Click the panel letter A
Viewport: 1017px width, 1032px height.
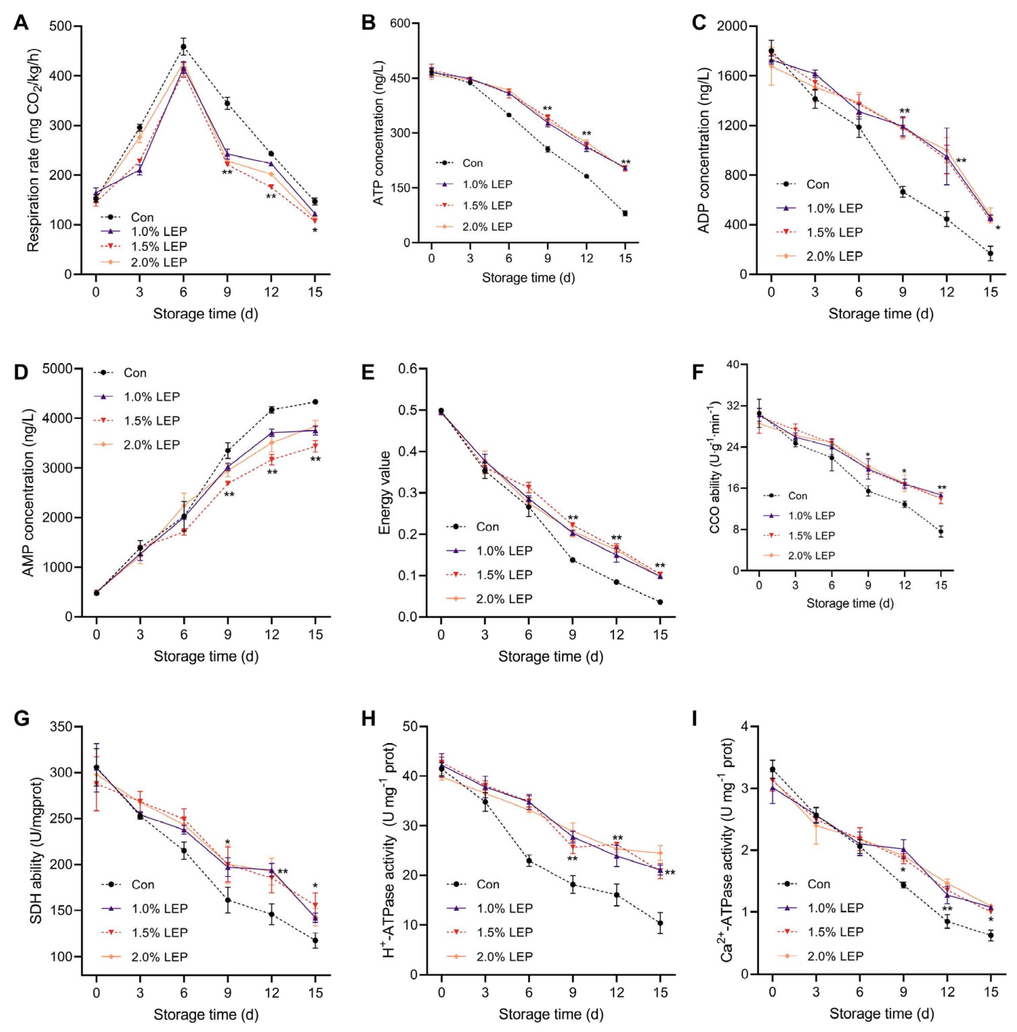coord(21,23)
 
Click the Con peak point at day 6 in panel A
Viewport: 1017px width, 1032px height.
coord(183,46)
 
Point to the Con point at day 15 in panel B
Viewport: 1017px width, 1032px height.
coord(625,213)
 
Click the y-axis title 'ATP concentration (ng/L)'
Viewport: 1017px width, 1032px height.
coord(378,133)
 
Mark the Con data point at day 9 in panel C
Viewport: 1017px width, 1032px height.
coord(903,192)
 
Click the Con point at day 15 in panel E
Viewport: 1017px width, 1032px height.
coord(661,602)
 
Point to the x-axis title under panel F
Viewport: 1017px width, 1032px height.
coord(850,603)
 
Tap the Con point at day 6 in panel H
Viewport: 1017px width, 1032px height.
coord(529,861)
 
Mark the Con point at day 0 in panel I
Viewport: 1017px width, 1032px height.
coord(772,770)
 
